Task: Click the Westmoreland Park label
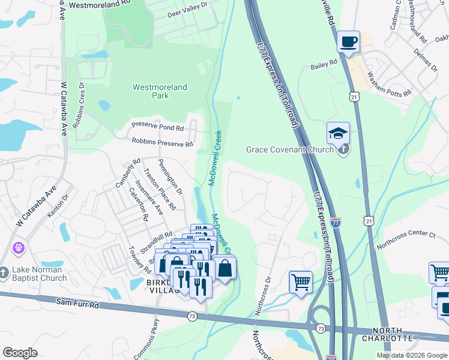(160, 91)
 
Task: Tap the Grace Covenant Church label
(289, 149)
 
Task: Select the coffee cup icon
(348, 42)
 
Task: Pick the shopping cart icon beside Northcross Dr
(301, 281)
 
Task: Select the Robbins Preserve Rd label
(162, 143)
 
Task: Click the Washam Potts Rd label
(389, 84)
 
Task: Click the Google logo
(20, 353)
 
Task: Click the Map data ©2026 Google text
(412, 355)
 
